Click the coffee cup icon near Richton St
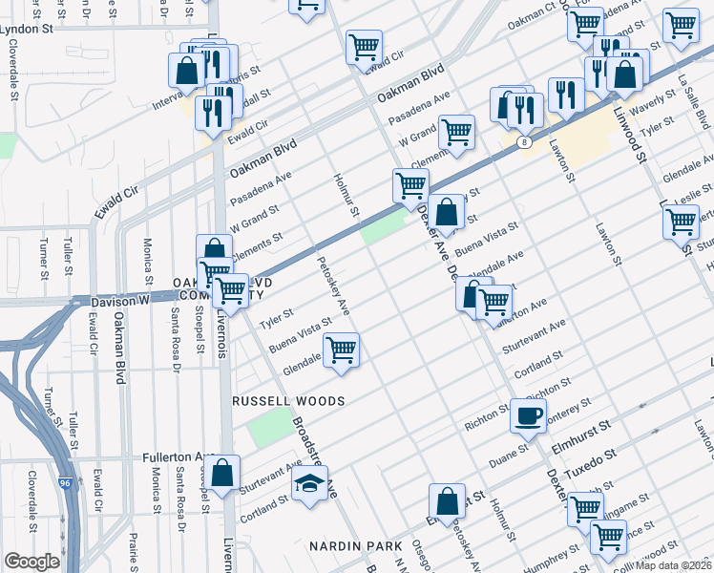[528, 415]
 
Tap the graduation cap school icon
[308, 484]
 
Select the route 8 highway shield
[523, 142]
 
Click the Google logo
[31, 562]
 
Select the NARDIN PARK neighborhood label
[355, 545]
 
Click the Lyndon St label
[27, 30]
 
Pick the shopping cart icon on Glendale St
[341, 350]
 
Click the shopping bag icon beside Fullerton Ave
[222, 473]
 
